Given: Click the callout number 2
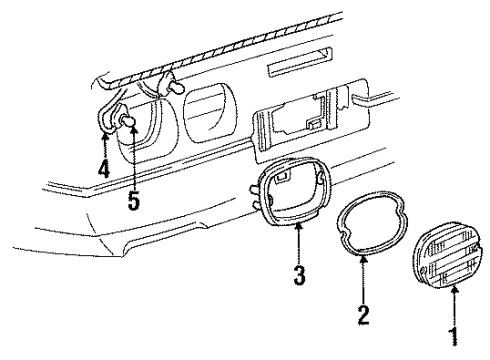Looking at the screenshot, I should coord(364,317).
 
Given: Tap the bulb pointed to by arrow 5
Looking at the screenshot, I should coord(128,124).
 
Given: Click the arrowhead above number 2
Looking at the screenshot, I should coord(364,259).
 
